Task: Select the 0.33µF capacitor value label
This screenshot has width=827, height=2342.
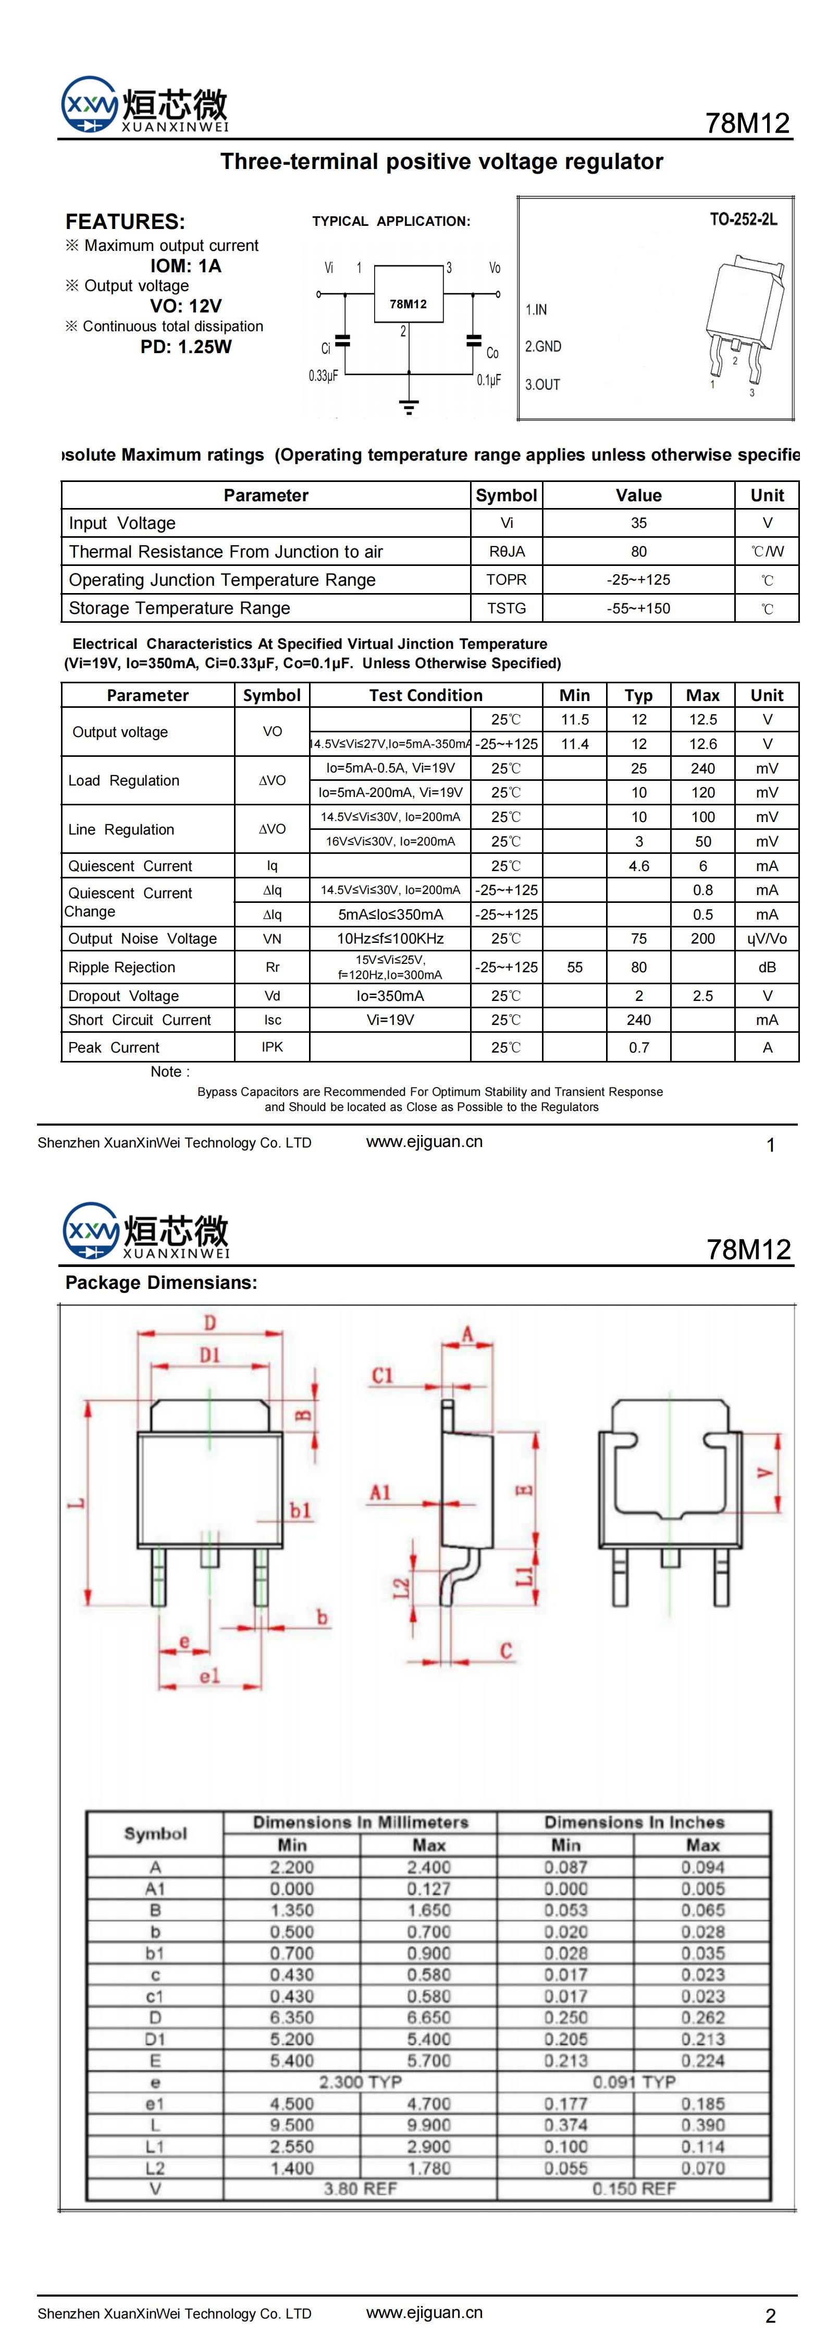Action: point(323,376)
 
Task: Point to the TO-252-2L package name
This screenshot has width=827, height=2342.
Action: point(743,219)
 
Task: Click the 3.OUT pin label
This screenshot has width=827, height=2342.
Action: point(542,384)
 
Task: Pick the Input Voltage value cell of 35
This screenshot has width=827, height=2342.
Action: point(639,523)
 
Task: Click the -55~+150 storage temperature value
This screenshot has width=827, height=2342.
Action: point(639,608)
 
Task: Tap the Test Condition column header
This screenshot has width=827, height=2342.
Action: point(425,695)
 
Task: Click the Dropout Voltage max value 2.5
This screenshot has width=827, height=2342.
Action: point(702,996)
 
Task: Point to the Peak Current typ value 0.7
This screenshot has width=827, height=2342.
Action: point(639,1047)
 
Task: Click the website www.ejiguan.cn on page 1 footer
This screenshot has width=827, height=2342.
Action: point(424,1142)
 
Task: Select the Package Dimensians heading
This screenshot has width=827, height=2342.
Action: point(161,1283)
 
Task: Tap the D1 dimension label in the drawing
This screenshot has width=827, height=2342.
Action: point(210,1356)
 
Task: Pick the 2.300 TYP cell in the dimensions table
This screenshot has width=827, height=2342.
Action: point(360,2081)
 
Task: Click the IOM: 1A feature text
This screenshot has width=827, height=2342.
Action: point(186,265)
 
